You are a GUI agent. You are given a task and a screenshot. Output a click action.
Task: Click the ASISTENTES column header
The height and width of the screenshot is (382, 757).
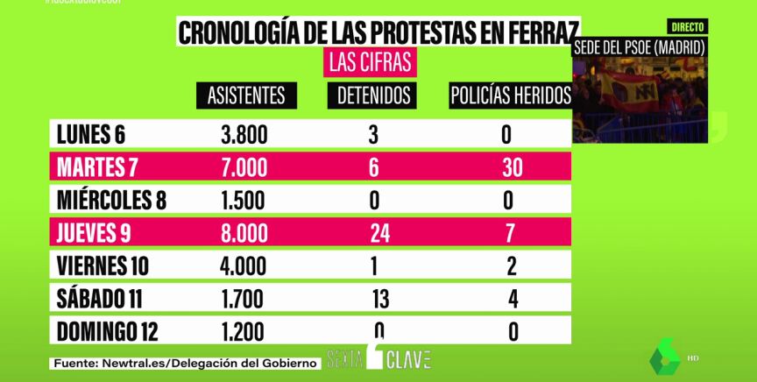coord(246,95)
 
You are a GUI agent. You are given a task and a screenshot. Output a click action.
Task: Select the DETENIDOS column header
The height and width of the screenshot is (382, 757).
coord(375,95)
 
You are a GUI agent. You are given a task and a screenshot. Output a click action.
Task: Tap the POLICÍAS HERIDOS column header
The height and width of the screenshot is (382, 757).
coord(511,95)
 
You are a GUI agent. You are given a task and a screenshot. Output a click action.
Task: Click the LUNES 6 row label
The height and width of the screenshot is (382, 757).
coord(91,135)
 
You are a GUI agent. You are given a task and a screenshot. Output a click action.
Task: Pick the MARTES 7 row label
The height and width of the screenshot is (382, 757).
coord(97,166)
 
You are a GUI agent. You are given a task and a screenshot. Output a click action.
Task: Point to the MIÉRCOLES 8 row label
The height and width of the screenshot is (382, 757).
coord(110,200)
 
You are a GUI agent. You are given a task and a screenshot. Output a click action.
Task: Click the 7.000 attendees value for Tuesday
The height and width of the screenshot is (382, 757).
coord(243,166)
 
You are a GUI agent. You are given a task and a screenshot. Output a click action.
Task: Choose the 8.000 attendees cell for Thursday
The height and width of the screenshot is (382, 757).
coord(243,233)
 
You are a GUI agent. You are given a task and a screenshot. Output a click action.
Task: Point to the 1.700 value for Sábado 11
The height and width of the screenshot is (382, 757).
coord(243,299)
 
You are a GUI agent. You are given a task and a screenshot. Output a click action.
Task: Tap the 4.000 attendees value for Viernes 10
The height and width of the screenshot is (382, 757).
coord(243,265)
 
